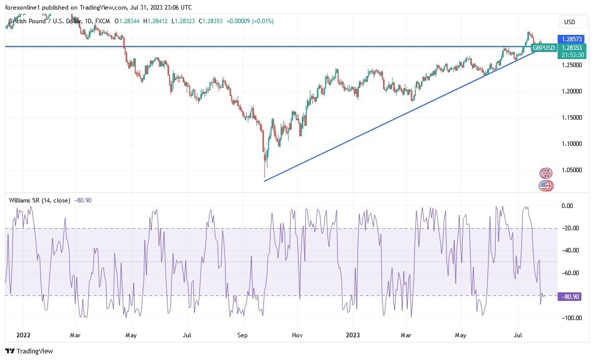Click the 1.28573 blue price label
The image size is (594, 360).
pyautogui.click(x=571, y=39)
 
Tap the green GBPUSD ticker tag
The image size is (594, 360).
pyautogui.click(x=544, y=48)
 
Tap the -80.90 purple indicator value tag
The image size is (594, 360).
pyautogui.click(x=569, y=297)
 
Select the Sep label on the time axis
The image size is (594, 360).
pyautogui.click(x=242, y=335)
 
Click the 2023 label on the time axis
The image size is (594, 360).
pyautogui.click(x=353, y=335)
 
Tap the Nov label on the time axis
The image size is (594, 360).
pyautogui.click(x=297, y=335)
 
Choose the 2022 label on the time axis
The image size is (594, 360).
pyautogui.click(x=23, y=335)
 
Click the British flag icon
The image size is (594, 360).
pyautogui.click(x=546, y=173)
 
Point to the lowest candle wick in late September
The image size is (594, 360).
pyautogui.click(x=264, y=177)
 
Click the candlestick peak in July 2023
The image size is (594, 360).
pyautogui.click(x=528, y=32)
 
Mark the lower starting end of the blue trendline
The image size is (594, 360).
pyautogui.click(x=264, y=180)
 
